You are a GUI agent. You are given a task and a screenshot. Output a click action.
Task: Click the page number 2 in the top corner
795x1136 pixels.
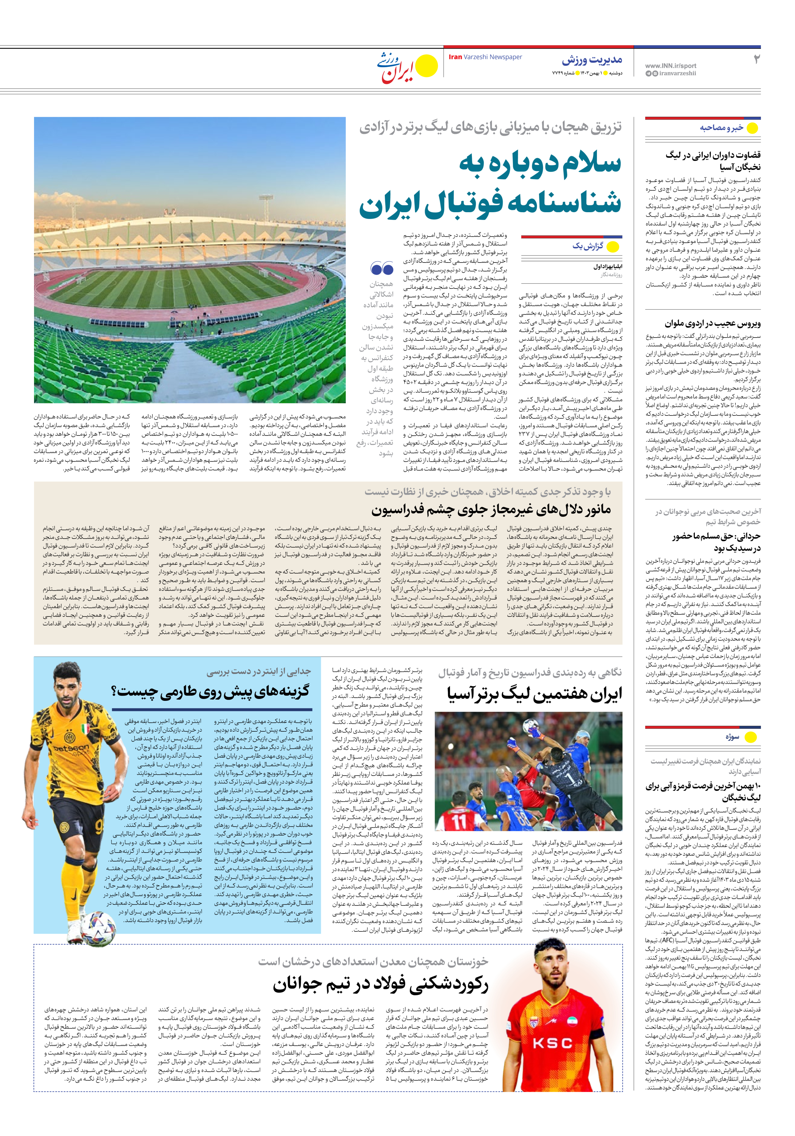[x=756, y=59]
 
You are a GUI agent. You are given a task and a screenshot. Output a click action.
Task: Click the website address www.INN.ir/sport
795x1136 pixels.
[x=670, y=65]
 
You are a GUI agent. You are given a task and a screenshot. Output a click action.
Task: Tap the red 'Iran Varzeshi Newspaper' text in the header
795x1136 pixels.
[x=485, y=57]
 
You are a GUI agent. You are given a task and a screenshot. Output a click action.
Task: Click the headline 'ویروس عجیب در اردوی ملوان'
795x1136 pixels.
[x=712, y=324]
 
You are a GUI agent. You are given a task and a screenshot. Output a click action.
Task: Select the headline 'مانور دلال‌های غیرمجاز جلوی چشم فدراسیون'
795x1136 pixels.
[x=491, y=510]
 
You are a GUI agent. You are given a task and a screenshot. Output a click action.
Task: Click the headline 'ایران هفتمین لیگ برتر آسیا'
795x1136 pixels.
[x=534, y=694]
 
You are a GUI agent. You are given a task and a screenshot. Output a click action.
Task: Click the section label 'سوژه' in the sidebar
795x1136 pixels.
[x=732, y=737]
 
